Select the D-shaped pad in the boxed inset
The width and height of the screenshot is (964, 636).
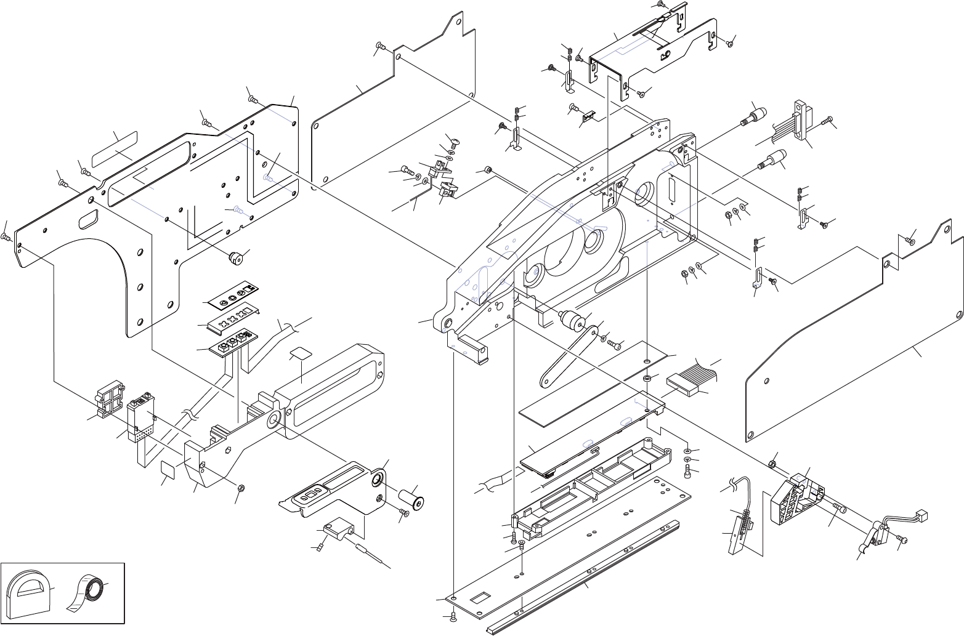[x=27, y=595]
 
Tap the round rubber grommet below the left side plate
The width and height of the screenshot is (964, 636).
[x=235, y=258]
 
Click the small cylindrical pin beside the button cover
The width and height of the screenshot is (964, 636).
[x=412, y=496]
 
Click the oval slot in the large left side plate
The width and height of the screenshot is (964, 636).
[x=88, y=219]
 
